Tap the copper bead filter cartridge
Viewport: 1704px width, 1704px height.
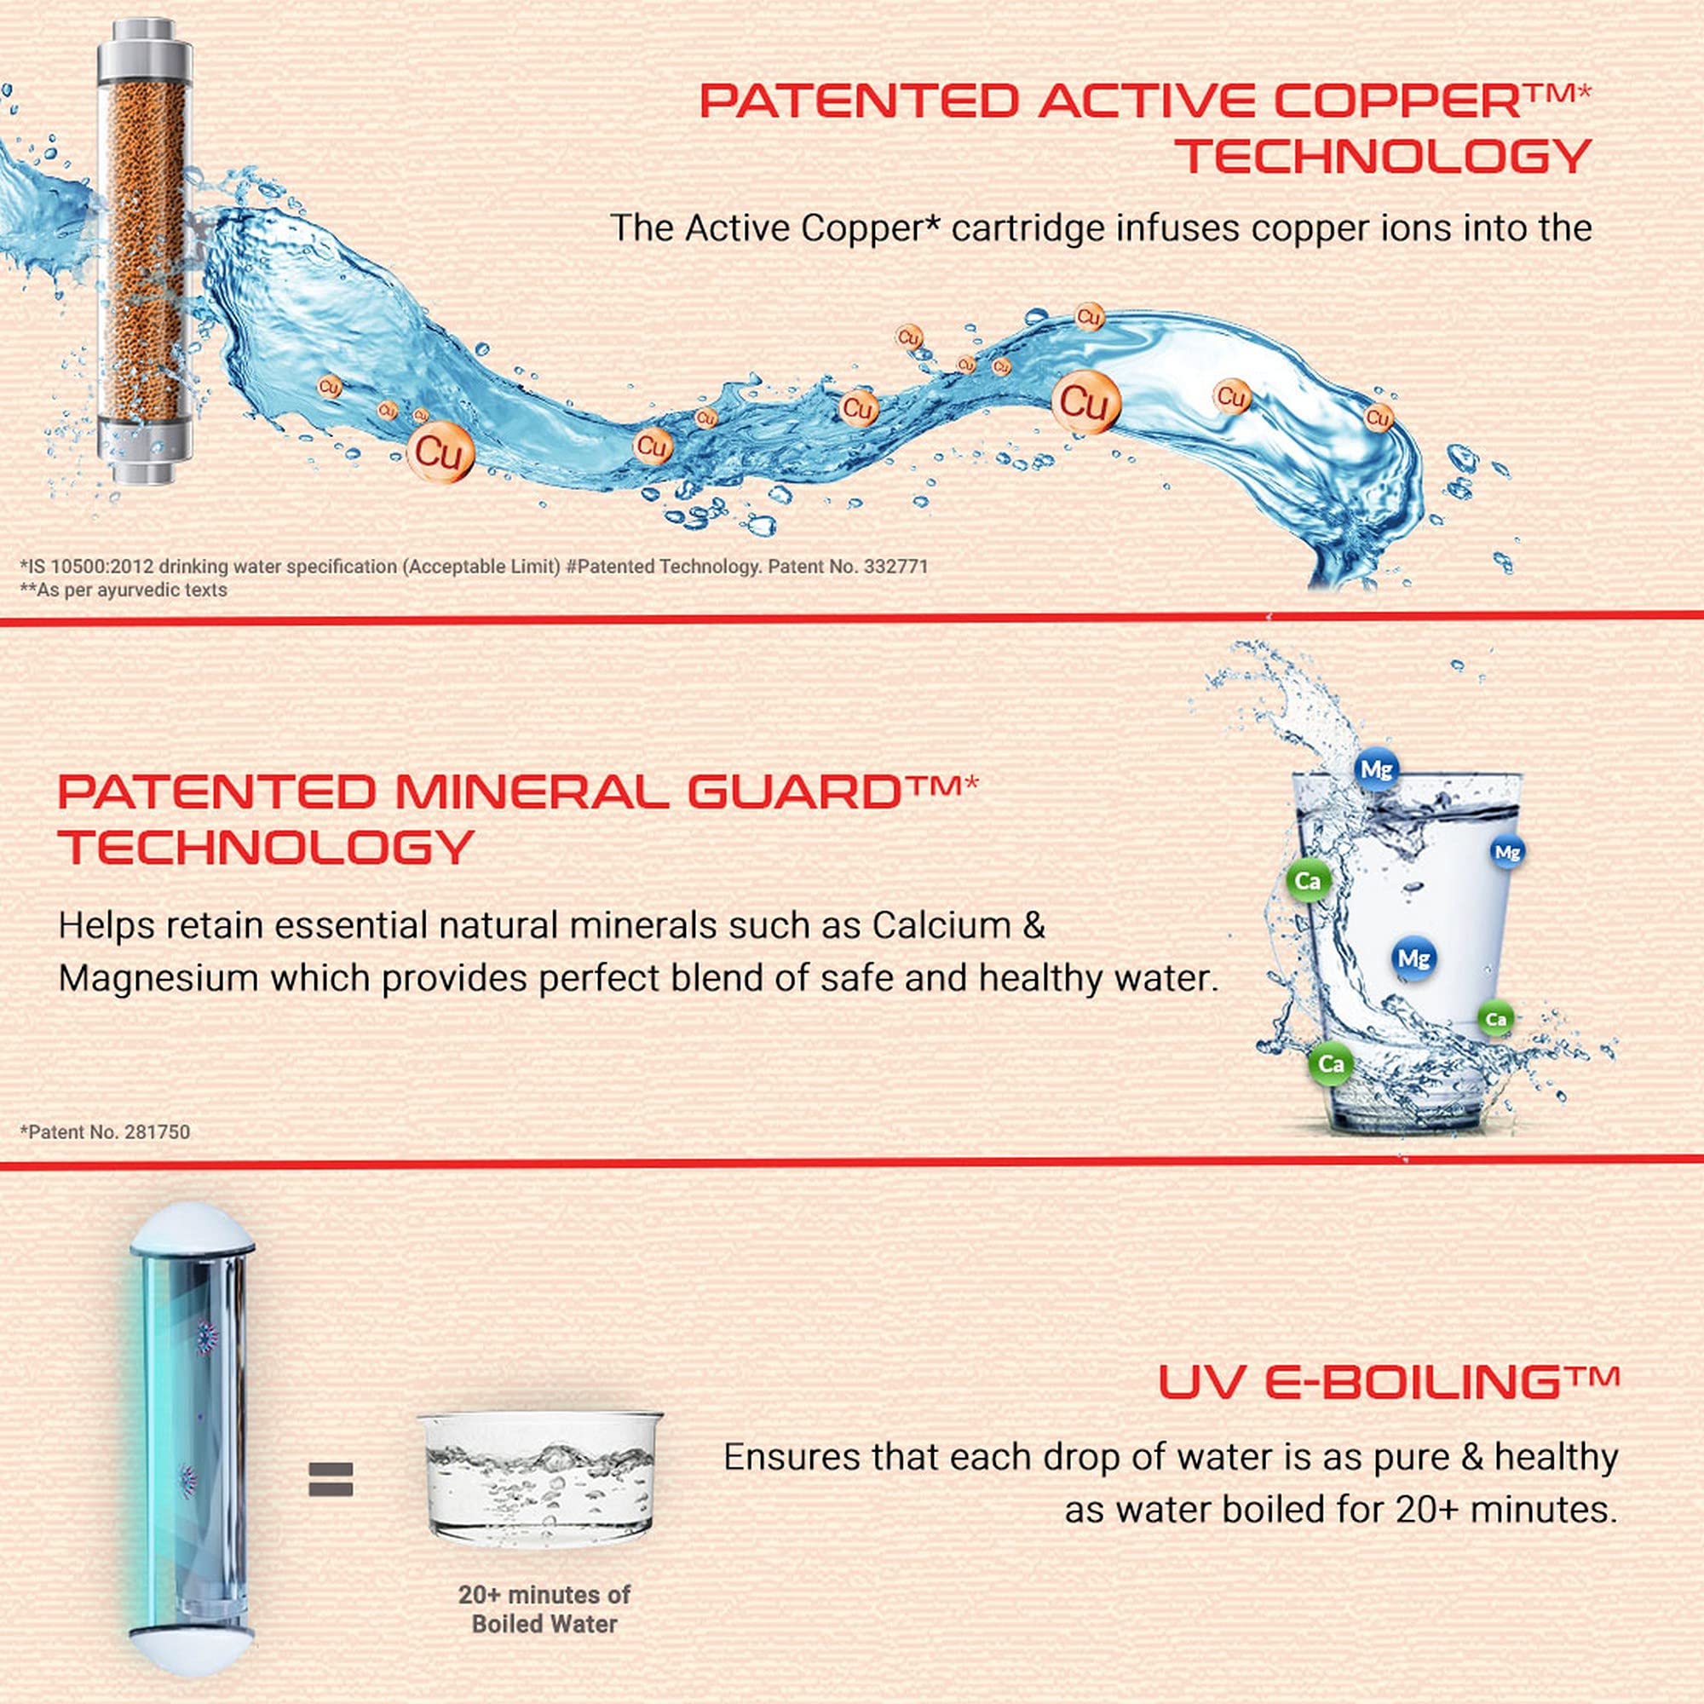pyautogui.click(x=144, y=250)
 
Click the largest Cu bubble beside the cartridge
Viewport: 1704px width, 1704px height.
pyautogui.click(x=440, y=452)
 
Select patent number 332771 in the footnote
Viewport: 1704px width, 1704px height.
pyautogui.click(x=895, y=567)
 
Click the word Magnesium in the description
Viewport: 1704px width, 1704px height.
pyautogui.click(x=157, y=979)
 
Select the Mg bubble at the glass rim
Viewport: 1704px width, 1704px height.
pyautogui.click(x=1376, y=770)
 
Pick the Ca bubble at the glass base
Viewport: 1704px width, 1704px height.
pyautogui.click(x=1331, y=1063)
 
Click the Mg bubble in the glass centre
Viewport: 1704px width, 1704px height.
pyautogui.click(x=1413, y=958)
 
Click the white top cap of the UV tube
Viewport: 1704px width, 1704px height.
pyautogui.click(x=193, y=1229)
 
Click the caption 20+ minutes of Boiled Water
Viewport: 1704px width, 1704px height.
pyautogui.click(x=544, y=1609)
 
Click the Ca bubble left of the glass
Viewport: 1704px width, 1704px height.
pyautogui.click(x=1308, y=881)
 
